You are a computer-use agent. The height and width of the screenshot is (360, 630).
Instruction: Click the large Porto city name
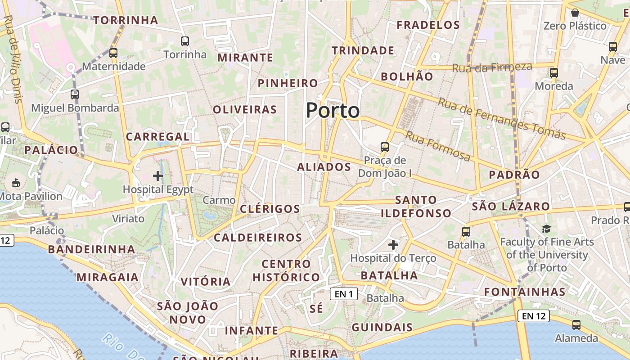(x=333, y=111)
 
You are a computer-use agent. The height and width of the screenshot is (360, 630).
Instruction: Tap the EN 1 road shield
(x=343, y=294)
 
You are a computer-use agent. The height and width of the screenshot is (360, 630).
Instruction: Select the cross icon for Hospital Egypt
(x=158, y=176)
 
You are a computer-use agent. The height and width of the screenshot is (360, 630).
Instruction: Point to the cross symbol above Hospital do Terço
(x=393, y=245)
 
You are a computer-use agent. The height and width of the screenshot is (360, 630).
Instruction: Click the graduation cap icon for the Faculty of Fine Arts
(x=546, y=229)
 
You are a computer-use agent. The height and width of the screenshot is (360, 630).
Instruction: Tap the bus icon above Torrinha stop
(x=185, y=42)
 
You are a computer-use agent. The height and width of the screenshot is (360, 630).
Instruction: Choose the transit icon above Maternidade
(x=113, y=53)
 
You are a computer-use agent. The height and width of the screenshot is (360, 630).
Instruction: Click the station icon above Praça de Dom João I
(x=385, y=147)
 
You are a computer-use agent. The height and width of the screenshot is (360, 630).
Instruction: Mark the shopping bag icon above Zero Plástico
(x=575, y=13)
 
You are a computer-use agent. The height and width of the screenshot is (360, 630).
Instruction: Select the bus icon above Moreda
(x=554, y=73)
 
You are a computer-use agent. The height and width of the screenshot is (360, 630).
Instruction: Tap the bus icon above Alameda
(x=576, y=325)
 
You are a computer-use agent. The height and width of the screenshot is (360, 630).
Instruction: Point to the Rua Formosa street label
(x=438, y=146)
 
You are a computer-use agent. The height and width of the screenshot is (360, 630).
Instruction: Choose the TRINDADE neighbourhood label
(x=363, y=51)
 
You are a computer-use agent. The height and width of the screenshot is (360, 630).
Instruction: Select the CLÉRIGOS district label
(x=270, y=209)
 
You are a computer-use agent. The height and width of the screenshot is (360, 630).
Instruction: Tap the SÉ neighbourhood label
(x=317, y=309)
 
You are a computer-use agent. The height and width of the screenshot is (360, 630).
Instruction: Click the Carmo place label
(x=219, y=200)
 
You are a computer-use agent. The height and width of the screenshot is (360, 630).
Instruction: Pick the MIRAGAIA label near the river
(x=108, y=277)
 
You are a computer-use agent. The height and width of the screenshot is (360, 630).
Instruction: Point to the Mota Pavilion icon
(x=16, y=183)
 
